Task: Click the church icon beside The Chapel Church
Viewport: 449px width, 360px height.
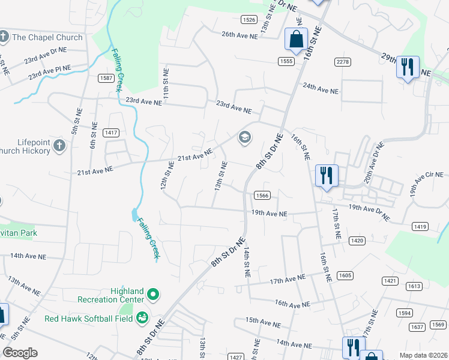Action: (x=3, y=37)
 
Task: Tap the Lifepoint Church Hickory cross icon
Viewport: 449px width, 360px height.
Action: (x=59, y=145)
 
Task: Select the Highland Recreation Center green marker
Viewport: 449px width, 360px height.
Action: (x=153, y=295)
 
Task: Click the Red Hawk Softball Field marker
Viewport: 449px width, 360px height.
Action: (x=142, y=317)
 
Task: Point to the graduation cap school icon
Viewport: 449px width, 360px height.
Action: (x=244, y=138)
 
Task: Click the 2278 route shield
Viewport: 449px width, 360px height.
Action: (x=343, y=62)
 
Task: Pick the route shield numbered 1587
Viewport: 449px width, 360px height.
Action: (x=107, y=78)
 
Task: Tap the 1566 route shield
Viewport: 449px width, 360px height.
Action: (x=262, y=195)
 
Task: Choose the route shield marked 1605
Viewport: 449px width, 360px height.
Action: (x=345, y=275)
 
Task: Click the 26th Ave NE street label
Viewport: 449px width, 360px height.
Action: (x=240, y=35)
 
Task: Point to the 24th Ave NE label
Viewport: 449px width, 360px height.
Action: (x=321, y=90)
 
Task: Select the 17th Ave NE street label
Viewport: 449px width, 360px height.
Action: (x=288, y=279)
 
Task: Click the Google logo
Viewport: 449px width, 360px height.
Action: (x=20, y=353)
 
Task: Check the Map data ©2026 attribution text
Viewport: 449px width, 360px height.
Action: (x=423, y=355)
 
